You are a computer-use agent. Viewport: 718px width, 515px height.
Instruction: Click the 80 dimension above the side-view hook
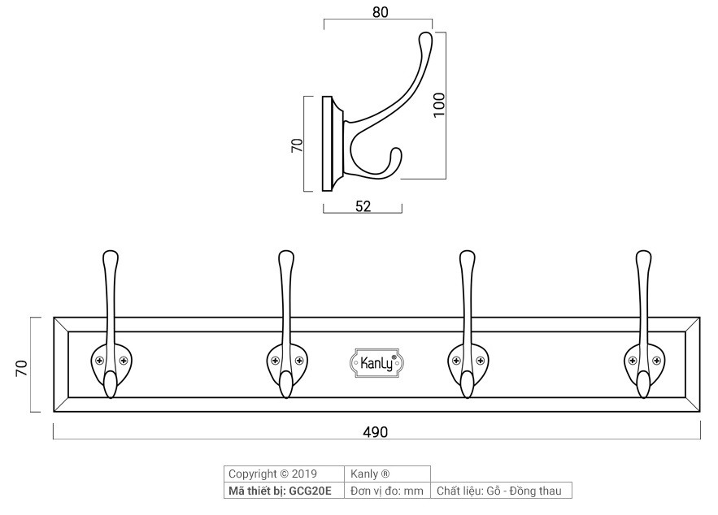point(379,11)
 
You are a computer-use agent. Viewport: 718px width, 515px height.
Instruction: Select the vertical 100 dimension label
point(440,105)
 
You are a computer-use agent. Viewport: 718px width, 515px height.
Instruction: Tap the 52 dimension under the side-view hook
point(363,206)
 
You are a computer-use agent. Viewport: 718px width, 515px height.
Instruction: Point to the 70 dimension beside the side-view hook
point(298,145)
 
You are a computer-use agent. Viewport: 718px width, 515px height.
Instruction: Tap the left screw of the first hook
point(98,361)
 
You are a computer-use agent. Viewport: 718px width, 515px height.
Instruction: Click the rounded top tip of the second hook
point(285,257)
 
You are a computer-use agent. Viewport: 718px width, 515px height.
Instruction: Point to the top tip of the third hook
point(467,257)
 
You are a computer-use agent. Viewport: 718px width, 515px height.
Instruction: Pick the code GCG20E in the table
point(310,491)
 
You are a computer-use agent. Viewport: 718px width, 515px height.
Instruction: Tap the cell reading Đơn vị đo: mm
point(387,491)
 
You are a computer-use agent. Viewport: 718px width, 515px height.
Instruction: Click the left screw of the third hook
point(455,361)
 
